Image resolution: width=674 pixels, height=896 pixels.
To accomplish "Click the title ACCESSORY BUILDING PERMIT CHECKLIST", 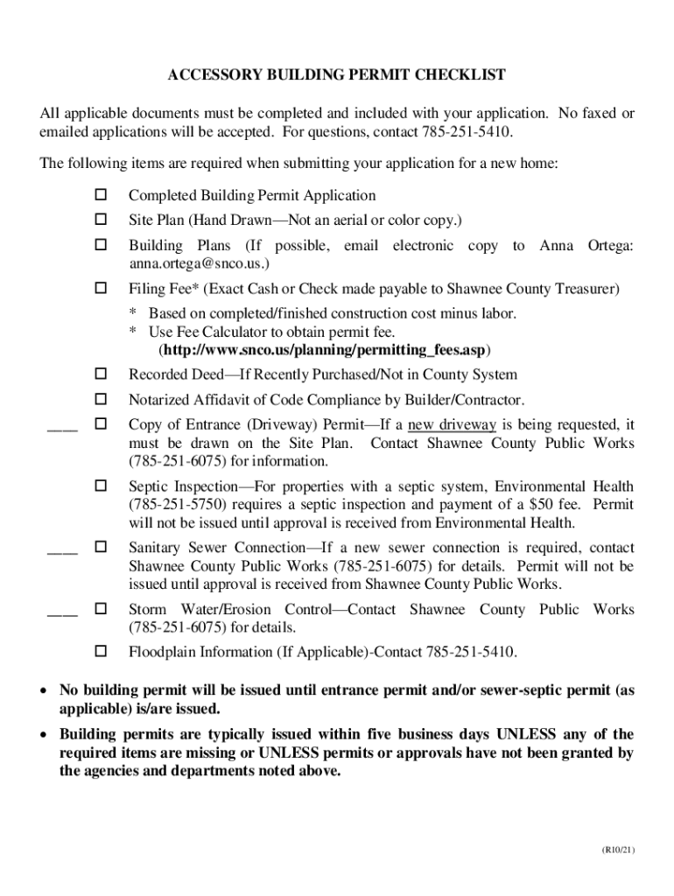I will [336, 75].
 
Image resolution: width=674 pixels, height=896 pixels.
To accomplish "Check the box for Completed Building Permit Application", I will [100, 195].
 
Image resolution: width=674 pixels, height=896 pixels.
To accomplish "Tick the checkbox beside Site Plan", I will [100, 218].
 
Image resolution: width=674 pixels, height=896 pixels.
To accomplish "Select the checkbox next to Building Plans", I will [100, 246].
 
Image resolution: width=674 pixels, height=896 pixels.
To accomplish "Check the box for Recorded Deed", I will [100, 374].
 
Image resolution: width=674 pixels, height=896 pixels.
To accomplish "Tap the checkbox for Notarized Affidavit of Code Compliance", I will [100, 400].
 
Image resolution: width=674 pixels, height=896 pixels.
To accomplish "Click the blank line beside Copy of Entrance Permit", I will [62, 428].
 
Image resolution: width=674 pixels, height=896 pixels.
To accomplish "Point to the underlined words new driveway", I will [452, 425].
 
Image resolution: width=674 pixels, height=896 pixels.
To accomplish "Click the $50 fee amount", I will [544, 505].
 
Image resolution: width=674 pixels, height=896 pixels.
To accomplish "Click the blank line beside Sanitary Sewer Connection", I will [62, 550].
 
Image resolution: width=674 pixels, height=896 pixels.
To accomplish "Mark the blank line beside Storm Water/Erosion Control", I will [62, 612].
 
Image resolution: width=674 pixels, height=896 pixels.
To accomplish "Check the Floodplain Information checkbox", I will [100, 652].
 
